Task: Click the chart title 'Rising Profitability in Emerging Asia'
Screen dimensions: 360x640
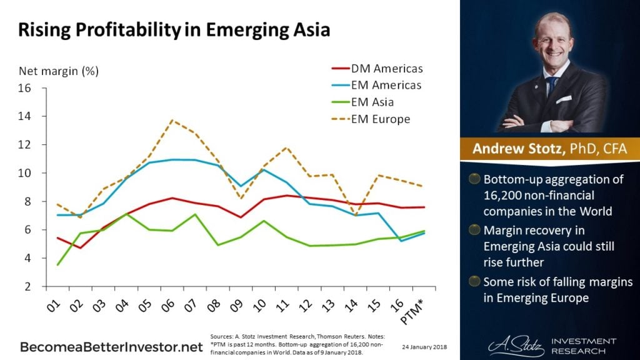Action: click(173, 29)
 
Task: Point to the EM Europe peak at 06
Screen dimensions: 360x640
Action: click(171, 120)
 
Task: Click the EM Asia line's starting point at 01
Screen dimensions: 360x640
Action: click(57, 265)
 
